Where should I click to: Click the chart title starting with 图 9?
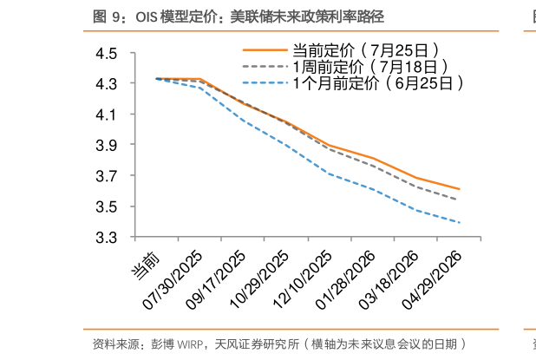tap(239, 16)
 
